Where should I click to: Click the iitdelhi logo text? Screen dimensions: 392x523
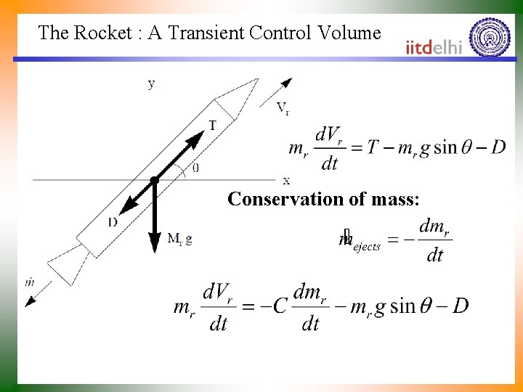[434, 47]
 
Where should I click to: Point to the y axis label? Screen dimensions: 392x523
[151, 83]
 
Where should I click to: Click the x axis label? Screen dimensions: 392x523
[286, 180]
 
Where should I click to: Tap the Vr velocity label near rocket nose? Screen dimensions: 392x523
[283, 109]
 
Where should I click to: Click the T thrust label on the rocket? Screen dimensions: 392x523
[212, 125]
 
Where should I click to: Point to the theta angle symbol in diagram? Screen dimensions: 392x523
[195, 167]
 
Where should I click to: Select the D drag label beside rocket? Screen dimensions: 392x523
[113, 221]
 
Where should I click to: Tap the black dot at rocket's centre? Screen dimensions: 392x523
[154, 179]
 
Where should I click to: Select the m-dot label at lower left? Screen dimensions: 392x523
[29, 281]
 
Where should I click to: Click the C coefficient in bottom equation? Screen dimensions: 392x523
[280, 306]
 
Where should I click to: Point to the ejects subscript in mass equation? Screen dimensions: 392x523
[367, 246]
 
